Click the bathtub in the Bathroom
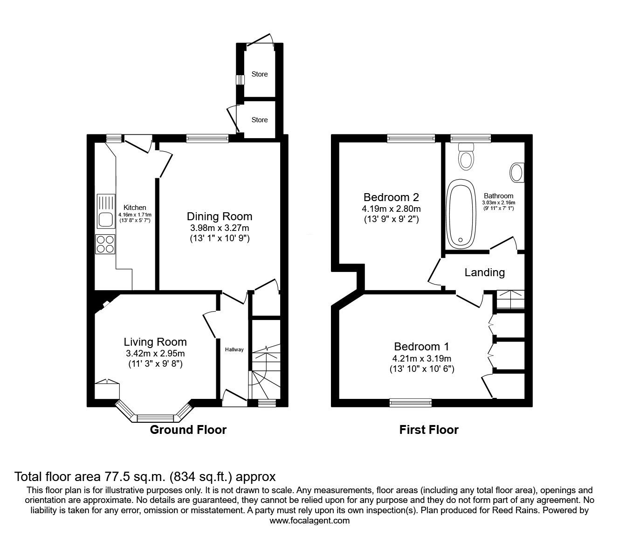coord(461,214)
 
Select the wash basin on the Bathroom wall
coord(517,172)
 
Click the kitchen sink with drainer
coord(105,211)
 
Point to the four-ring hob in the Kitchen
coord(105,244)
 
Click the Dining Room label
coord(219,216)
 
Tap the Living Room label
coord(155,342)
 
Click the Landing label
coord(484,272)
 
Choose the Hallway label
coord(234,349)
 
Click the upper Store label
coord(260,74)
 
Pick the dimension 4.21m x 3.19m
coord(422,358)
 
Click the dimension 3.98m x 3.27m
coord(219,228)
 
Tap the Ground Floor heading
coord(188,430)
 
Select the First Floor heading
coord(429,430)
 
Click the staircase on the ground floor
coord(264,371)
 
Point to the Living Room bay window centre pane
coord(155,418)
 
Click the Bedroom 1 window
coord(411,402)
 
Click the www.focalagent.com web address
coord(309,521)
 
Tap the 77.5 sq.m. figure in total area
coord(133,477)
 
